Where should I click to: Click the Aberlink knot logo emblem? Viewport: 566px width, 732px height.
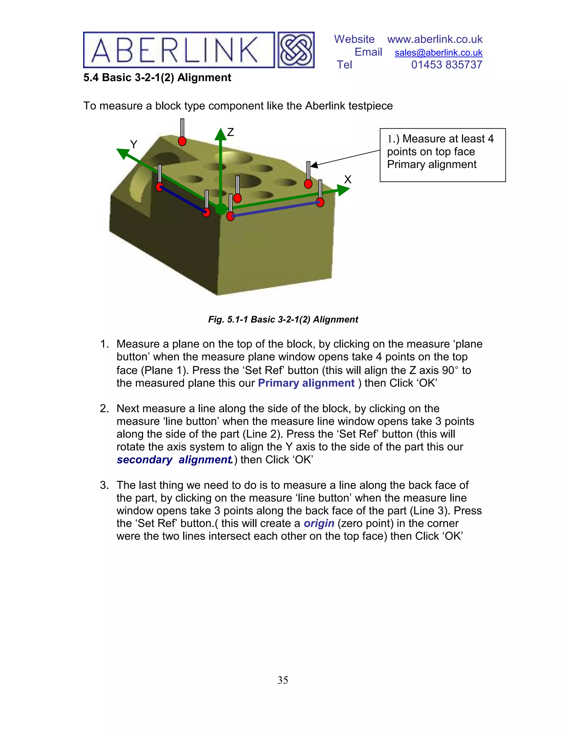(x=296, y=50)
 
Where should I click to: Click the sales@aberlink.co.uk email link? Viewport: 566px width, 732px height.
(x=438, y=52)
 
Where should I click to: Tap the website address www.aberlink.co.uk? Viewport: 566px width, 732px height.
(x=434, y=40)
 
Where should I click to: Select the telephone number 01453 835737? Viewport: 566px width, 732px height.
(x=446, y=65)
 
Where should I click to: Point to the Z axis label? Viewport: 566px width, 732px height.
(x=230, y=132)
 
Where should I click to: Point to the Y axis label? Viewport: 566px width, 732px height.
(x=133, y=144)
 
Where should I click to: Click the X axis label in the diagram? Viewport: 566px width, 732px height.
(x=348, y=180)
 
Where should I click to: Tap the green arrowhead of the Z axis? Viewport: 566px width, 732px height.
(x=220, y=134)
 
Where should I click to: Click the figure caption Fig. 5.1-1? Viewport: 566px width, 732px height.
(x=283, y=319)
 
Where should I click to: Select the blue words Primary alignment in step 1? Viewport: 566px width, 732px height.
(x=306, y=383)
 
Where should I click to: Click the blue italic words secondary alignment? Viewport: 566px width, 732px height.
(x=174, y=460)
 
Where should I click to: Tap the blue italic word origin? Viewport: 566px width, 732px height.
(x=319, y=523)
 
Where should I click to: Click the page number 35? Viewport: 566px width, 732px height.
(x=283, y=680)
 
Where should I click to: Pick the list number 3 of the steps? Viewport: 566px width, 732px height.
(x=104, y=485)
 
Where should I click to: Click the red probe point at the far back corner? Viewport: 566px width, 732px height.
(x=182, y=141)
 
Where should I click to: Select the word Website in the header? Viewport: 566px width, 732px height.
(x=354, y=40)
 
